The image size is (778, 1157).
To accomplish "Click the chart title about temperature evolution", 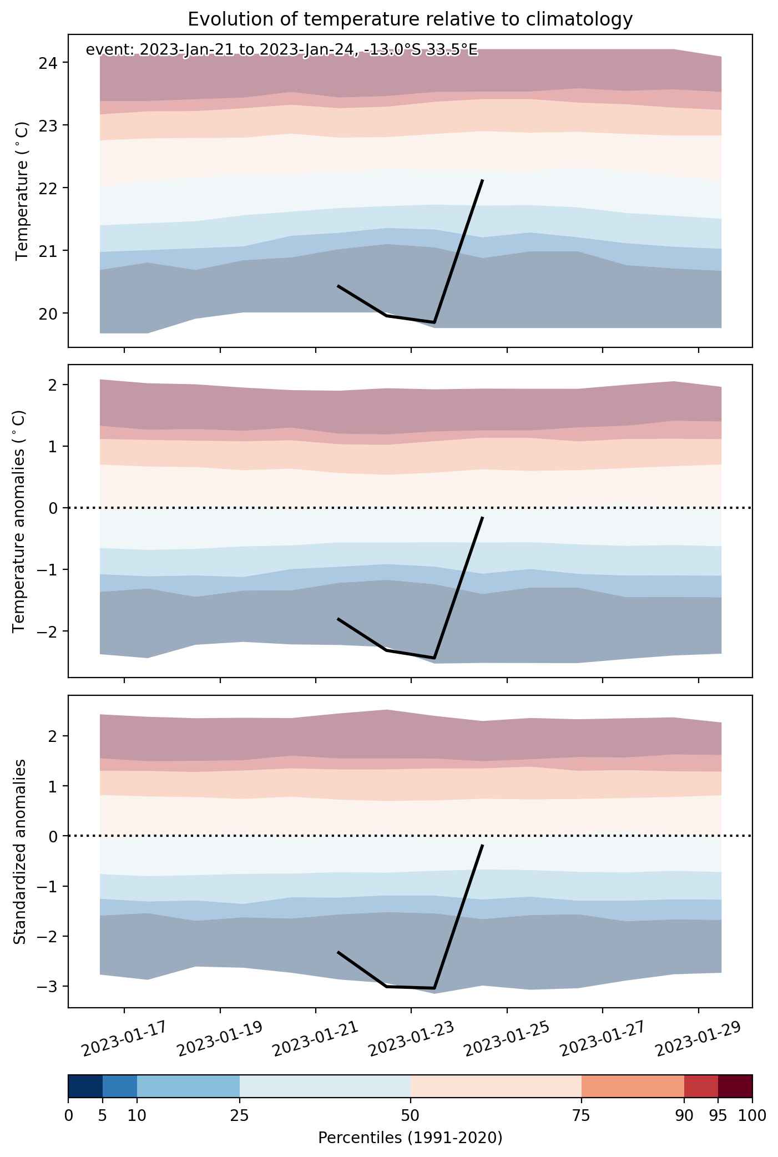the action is (410, 19).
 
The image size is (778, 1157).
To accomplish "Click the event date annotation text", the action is (281, 50).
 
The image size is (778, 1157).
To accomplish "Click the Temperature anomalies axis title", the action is (19, 521).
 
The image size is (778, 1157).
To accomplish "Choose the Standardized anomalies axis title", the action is (19, 851).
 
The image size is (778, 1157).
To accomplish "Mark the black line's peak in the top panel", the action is (482, 180).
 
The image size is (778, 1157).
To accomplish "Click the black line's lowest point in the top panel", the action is (435, 322).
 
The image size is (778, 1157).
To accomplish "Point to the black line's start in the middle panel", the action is (339, 619).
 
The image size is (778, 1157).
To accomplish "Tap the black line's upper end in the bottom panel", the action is (482, 845).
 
